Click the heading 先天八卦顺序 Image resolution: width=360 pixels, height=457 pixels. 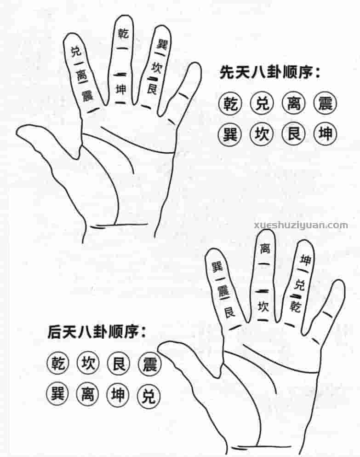click(270, 73)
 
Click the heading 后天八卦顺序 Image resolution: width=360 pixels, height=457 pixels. click(96, 332)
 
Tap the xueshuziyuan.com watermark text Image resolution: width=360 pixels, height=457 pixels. click(301, 226)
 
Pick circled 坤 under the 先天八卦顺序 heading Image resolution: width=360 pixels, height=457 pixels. click(325, 134)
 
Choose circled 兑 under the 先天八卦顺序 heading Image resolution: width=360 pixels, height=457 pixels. click(261, 104)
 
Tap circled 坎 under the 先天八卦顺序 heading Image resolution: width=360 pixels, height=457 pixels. click(261, 134)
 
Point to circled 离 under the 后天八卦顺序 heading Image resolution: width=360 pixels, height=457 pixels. click(87, 394)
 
